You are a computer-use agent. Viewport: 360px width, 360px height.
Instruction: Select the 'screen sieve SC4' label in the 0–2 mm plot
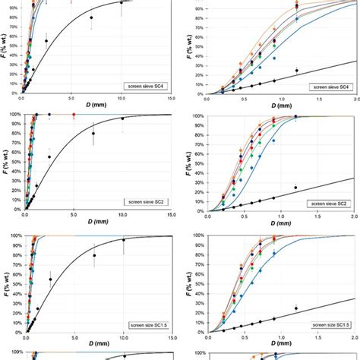point(327,87)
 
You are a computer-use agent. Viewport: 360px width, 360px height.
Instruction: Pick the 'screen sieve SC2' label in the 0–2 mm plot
point(327,203)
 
